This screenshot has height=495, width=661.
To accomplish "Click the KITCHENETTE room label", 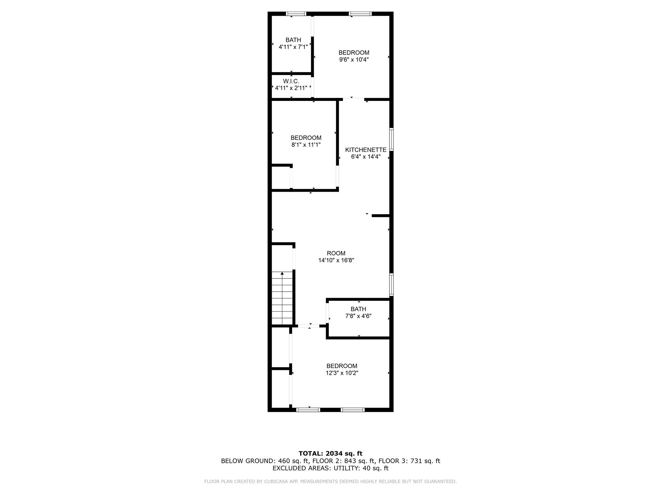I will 366,150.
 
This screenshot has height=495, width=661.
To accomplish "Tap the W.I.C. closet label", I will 291,81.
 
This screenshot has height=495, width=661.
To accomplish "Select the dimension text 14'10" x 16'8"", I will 336,260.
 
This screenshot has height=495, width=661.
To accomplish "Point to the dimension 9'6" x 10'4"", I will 354,60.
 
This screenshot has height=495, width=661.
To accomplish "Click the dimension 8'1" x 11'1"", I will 306,145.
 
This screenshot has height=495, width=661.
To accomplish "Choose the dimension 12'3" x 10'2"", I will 342,373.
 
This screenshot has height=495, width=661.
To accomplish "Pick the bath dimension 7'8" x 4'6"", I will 358,316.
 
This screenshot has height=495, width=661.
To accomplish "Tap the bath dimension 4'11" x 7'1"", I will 293,47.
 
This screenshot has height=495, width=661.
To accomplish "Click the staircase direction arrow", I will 282,274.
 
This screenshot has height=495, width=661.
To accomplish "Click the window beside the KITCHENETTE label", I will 392,139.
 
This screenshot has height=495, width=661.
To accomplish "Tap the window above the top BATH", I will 296,14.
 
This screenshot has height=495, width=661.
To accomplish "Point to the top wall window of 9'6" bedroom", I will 360,14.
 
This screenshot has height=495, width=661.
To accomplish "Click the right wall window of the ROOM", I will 392,285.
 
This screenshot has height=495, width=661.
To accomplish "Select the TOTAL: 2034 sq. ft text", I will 330,454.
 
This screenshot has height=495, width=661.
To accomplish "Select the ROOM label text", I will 336,253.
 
